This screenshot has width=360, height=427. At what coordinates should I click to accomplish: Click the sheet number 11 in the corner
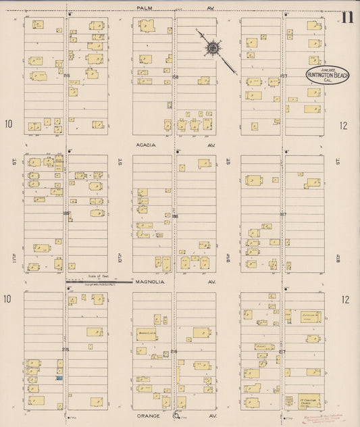tap(347, 18)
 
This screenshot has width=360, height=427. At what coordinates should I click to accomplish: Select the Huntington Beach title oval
tap(328, 76)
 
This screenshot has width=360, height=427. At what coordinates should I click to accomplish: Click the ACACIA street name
tap(145, 145)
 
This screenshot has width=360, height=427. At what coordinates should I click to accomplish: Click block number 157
tap(284, 76)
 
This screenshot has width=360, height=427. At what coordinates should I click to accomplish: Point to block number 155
tap(66, 76)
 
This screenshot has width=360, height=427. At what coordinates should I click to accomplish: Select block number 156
tap(175, 76)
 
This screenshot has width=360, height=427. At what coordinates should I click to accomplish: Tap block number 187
tap(284, 214)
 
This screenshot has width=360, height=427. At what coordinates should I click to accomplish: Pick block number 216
tap(175, 351)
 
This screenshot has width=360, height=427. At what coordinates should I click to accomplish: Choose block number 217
tap(283, 351)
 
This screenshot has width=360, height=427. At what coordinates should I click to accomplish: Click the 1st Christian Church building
tap(309, 401)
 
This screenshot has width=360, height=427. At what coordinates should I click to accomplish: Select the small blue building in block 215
tap(59, 378)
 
